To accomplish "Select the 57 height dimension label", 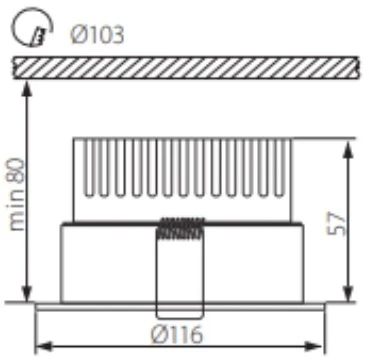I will click(x=342, y=221).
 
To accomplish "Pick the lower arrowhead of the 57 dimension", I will click(x=348, y=295).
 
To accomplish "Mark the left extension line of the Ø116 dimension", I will click(x=35, y=330).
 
